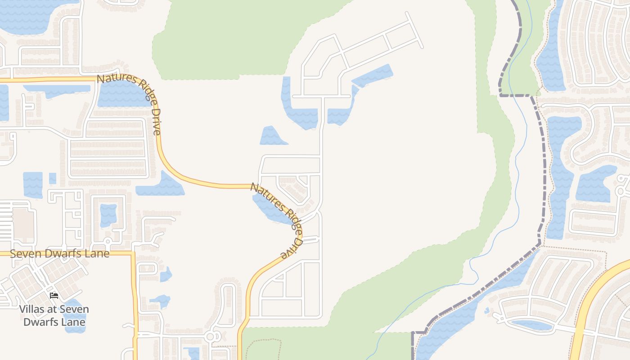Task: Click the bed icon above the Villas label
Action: pos(54,296)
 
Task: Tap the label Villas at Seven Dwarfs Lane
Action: pos(54,315)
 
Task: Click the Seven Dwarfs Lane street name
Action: pos(59,254)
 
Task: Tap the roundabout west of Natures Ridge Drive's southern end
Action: pos(210,337)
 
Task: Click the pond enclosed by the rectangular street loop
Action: pos(108,215)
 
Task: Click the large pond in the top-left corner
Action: pos(27,16)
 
